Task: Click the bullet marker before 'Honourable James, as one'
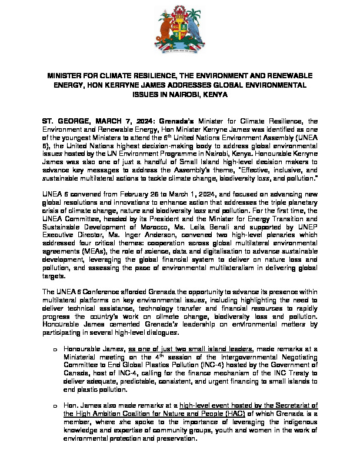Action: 55,351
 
